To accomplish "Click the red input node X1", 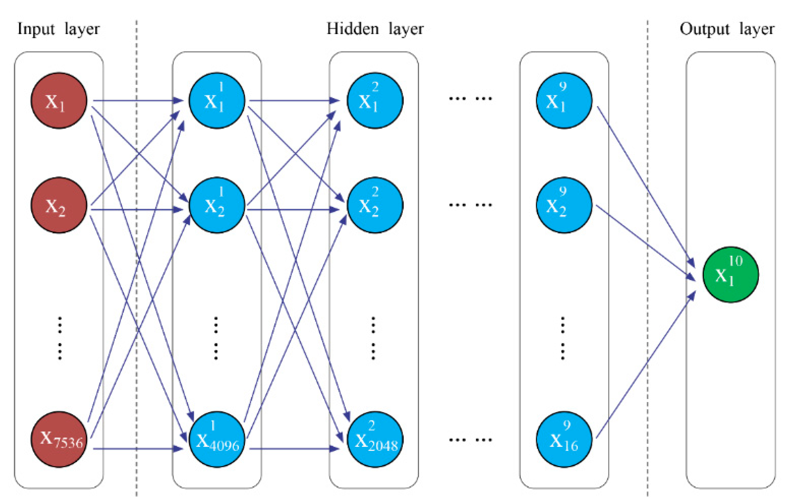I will (x=59, y=100).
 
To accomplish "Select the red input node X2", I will (x=59, y=205).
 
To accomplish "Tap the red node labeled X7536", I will (x=59, y=439).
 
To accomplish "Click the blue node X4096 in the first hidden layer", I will (x=217, y=439).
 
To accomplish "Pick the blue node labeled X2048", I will (x=375, y=439).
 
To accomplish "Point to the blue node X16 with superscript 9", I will (x=564, y=439).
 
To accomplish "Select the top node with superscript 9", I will (x=564, y=100).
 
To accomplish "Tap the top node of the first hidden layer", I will (x=217, y=100).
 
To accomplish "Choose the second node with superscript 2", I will (x=375, y=205).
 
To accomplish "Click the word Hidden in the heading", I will (x=353, y=29).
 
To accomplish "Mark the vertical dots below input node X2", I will (x=60, y=338).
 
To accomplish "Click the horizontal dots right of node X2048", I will (x=471, y=439).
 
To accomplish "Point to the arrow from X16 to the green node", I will (x=646, y=366).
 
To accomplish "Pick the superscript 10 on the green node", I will (x=735, y=261).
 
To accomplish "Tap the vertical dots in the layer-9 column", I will (x=563, y=338).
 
